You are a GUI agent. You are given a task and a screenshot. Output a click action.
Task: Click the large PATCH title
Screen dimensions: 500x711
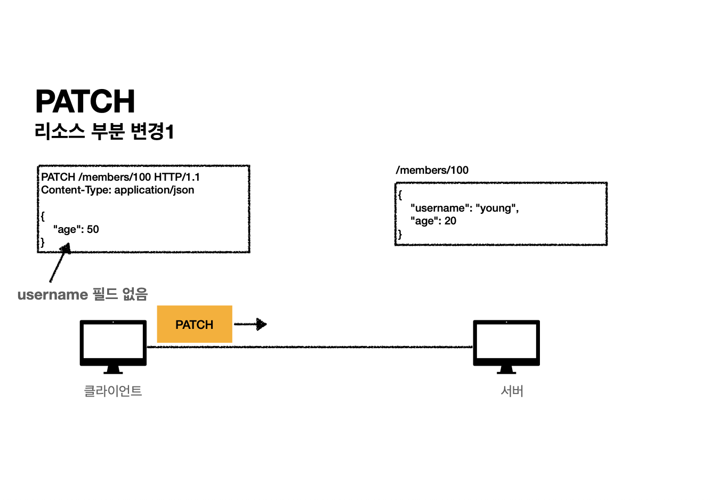click(x=85, y=101)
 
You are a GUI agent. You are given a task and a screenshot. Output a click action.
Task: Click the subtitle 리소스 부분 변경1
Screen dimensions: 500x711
click(x=104, y=131)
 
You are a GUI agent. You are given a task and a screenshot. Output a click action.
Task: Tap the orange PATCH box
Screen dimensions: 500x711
click(x=195, y=324)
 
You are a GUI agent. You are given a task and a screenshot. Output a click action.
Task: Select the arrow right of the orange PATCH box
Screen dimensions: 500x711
click(x=251, y=324)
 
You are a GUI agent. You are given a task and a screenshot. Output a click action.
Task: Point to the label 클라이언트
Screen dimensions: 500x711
click(x=113, y=391)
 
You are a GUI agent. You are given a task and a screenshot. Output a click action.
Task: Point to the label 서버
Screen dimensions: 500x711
click(x=512, y=391)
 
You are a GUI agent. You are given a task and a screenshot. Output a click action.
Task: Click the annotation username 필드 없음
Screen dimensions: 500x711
click(x=83, y=294)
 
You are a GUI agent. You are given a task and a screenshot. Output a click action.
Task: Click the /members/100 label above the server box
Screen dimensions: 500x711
click(x=432, y=170)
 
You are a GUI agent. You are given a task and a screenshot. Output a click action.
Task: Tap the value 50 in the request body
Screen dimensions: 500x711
click(x=93, y=229)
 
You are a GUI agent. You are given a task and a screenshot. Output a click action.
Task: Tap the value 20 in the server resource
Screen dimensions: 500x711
click(x=450, y=221)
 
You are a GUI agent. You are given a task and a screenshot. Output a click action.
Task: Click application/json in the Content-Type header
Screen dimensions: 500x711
click(x=154, y=190)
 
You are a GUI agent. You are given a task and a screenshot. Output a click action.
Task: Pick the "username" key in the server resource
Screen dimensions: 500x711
click(x=440, y=208)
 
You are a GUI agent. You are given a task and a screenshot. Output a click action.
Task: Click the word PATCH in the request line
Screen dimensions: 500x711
click(x=58, y=177)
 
